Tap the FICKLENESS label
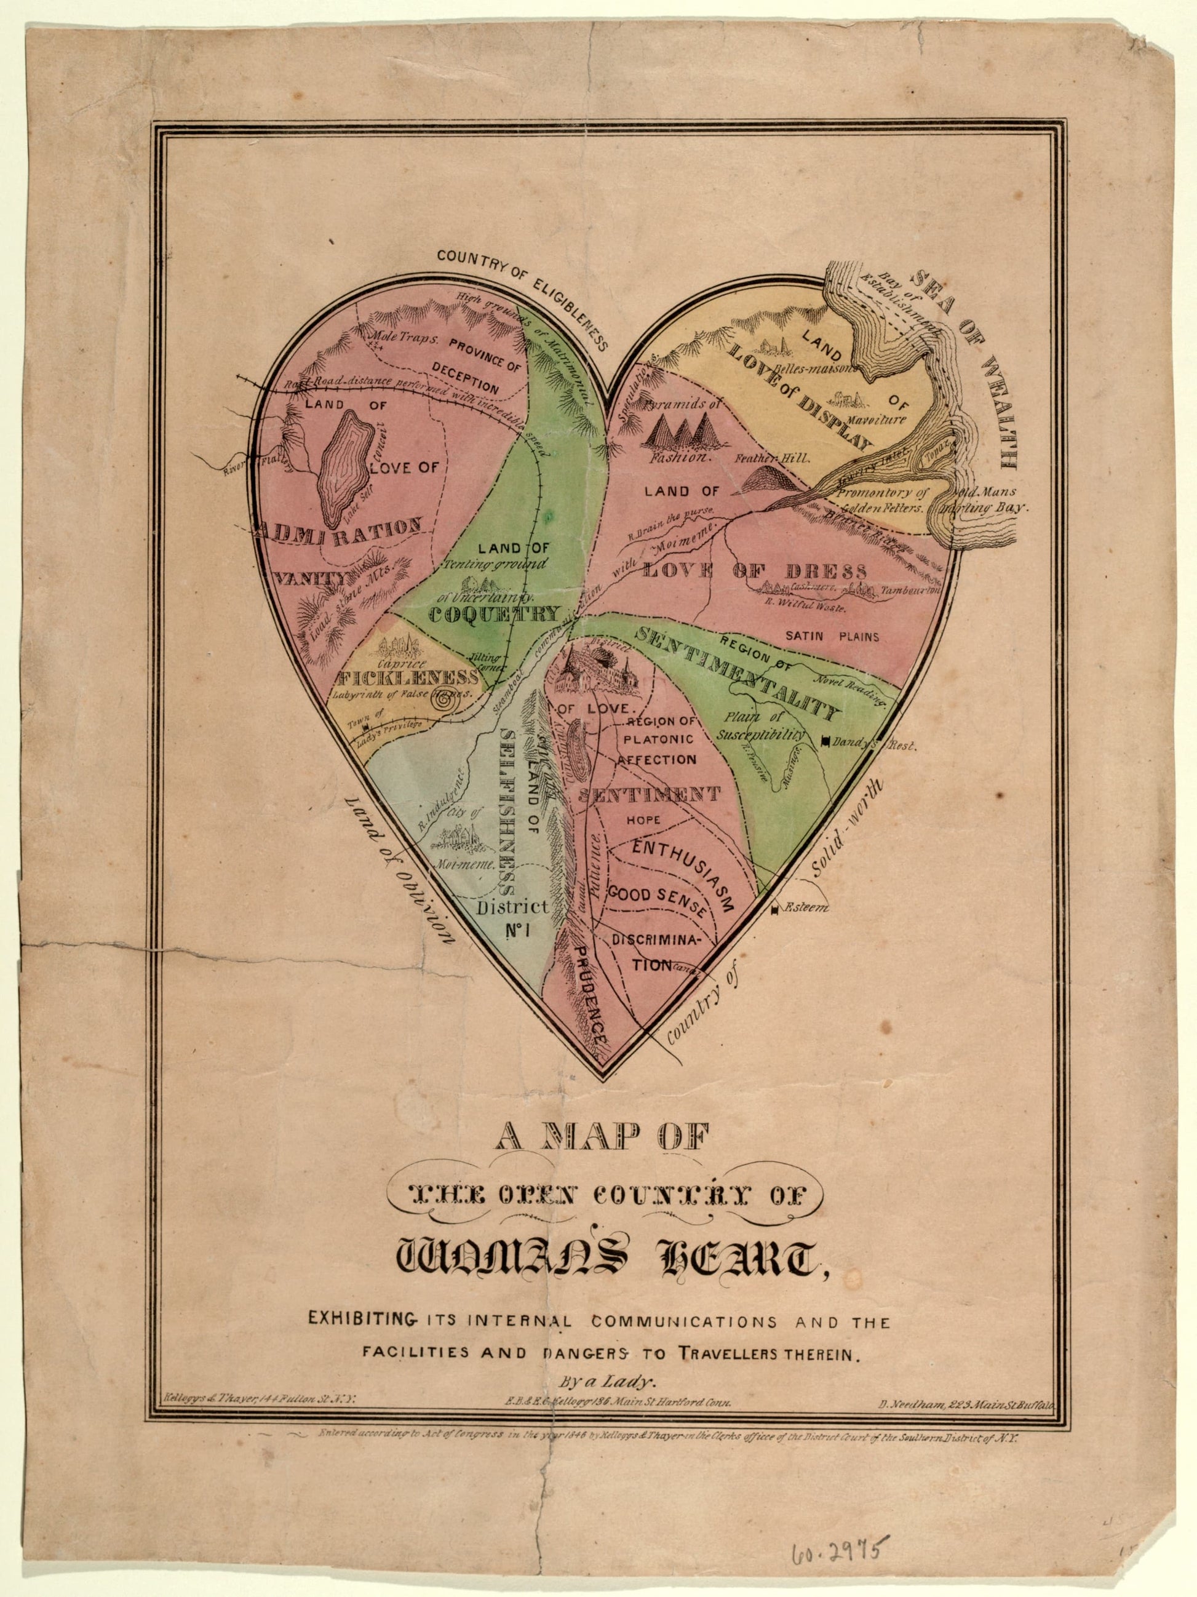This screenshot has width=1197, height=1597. [407, 678]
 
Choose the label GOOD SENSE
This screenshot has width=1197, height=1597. [656, 895]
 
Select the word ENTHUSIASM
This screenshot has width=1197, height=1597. [683, 874]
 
